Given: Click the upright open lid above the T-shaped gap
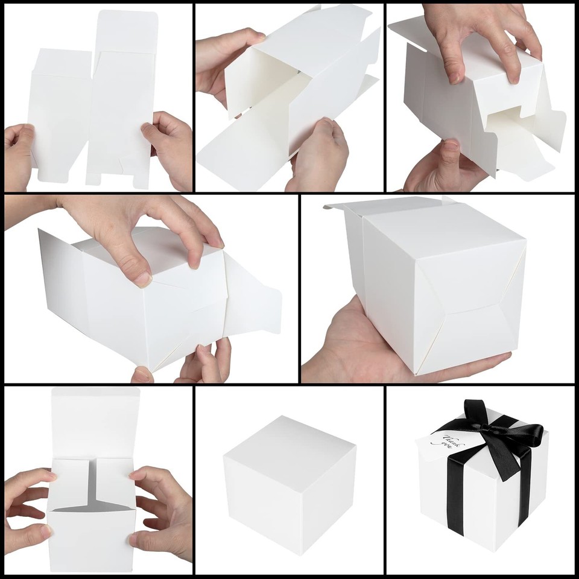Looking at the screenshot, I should coord(95,422).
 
